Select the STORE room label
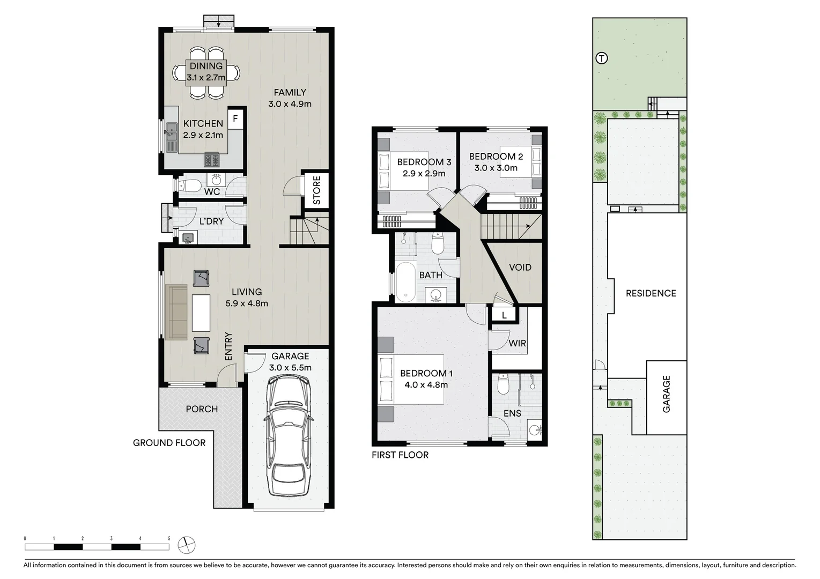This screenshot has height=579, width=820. pos(316,190)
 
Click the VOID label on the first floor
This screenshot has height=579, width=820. pos(520,267)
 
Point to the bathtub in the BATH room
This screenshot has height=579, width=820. pos(406,280)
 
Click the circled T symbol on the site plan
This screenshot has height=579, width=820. pos(602,58)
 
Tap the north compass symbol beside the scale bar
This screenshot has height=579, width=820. pos(187,545)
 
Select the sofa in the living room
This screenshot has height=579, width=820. pos(177,312)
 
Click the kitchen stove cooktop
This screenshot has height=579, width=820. pos(212,160)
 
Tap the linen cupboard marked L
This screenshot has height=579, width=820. pos(504,315)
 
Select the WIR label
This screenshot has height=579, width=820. pos(517,343)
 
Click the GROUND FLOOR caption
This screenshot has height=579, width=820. pos(169,443)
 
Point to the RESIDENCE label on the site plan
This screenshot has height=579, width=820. pos(651,293)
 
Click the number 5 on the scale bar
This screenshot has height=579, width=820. pos(169,538)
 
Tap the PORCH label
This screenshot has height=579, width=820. pos(202,409)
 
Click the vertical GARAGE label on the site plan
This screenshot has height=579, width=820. pos(667,394)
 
